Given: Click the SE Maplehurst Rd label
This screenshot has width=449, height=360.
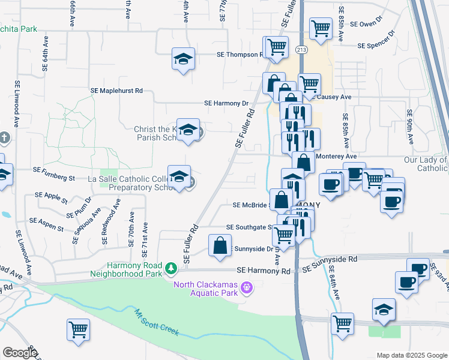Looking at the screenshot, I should point(116,91).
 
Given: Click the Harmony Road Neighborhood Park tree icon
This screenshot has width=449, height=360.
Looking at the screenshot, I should point(171,267).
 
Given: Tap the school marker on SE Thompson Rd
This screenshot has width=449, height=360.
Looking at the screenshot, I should point(184,59).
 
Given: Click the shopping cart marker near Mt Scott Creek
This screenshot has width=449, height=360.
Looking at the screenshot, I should point(78,330).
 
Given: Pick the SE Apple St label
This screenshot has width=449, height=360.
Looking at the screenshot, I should point(51,195).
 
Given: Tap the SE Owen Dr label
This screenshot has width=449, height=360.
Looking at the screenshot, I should point(366,24).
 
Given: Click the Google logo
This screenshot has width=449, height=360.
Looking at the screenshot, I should point(20,353).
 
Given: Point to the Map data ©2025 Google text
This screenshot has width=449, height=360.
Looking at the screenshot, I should point(411,355).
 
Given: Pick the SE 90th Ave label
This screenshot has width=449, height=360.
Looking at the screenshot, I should point(410,128).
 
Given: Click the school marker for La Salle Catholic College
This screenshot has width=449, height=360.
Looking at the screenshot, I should point(179,177).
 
